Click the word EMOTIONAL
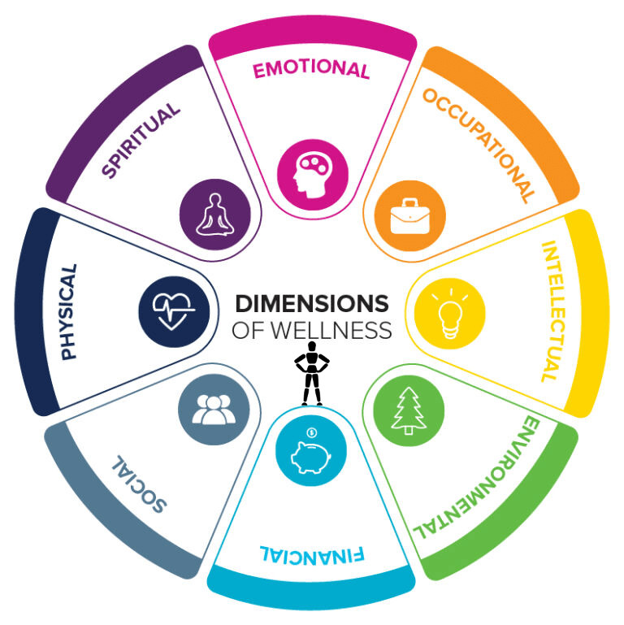click(311, 70)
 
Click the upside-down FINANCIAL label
click(311, 556)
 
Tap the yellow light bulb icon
click(449, 312)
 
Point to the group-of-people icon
click(214, 410)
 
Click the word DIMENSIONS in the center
click(312, 304)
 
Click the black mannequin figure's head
click(310, 347)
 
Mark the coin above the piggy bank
click(312, 432)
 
